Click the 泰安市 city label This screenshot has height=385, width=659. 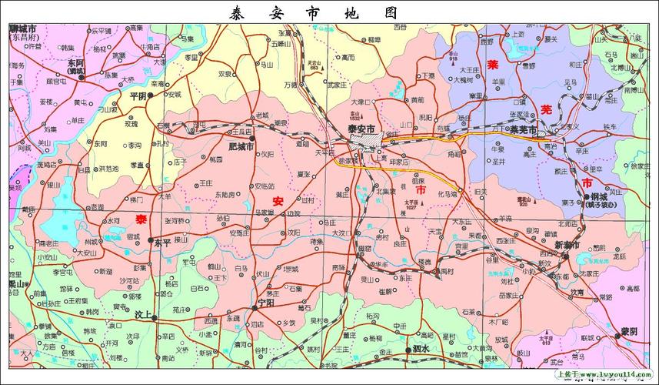click(361, 128)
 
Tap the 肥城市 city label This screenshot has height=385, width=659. click(241, 146)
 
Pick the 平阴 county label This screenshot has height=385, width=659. click(138, 95)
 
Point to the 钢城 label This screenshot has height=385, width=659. click(599, 197)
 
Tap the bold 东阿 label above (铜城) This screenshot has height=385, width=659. click(75, 62)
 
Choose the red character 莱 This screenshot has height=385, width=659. click(494, 65)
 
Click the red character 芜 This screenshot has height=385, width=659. click(545, 109)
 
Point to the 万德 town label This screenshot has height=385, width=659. click(290, 84)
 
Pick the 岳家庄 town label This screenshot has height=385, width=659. click(508, 294)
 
